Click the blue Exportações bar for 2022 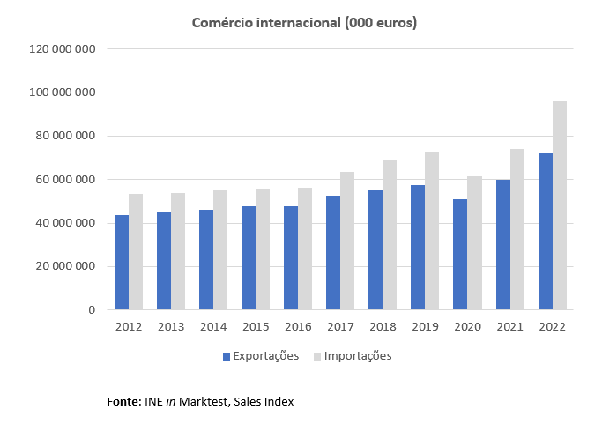(x=546, y=231)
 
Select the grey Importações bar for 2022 (x=560, y=205)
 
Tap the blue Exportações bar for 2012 (x=122, y=263)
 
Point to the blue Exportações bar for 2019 (x=419, y=248)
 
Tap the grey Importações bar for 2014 (x=220, y=250)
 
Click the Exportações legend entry (x=261, y=356)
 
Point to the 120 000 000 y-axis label (x=62, y=49)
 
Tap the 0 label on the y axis (x=91, y=310)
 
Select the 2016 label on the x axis (x=298, y=326)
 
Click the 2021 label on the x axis (x=509, y=326)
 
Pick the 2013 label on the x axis (x=171, y=326)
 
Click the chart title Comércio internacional (x=304, y=22)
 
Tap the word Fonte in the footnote (x=122, y=402)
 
